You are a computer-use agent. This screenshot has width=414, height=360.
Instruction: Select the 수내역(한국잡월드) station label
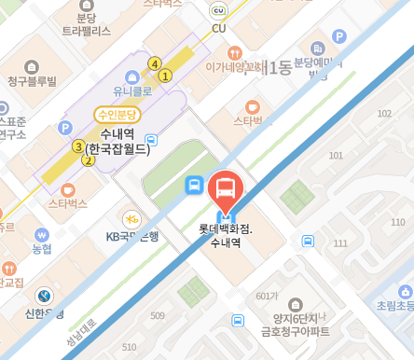point(117,142)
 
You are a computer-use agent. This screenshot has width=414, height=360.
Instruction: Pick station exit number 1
point(165,76)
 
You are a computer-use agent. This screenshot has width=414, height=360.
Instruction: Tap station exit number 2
point(89,159)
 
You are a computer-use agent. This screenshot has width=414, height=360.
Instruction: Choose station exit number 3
point(78,146)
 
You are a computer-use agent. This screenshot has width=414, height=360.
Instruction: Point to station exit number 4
point(154,63)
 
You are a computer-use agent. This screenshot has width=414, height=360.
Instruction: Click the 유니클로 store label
point(131,92)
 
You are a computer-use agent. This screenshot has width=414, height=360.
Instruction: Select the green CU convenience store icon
point(218,10)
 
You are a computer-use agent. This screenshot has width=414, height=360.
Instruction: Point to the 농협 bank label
point(42,249)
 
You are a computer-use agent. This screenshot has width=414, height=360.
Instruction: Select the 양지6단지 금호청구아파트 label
point(296,323)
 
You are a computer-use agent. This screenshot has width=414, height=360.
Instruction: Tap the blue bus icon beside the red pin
point(194,185)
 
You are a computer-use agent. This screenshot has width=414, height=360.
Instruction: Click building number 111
point(340,243)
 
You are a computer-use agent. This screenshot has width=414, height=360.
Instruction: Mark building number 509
point(158,315)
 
